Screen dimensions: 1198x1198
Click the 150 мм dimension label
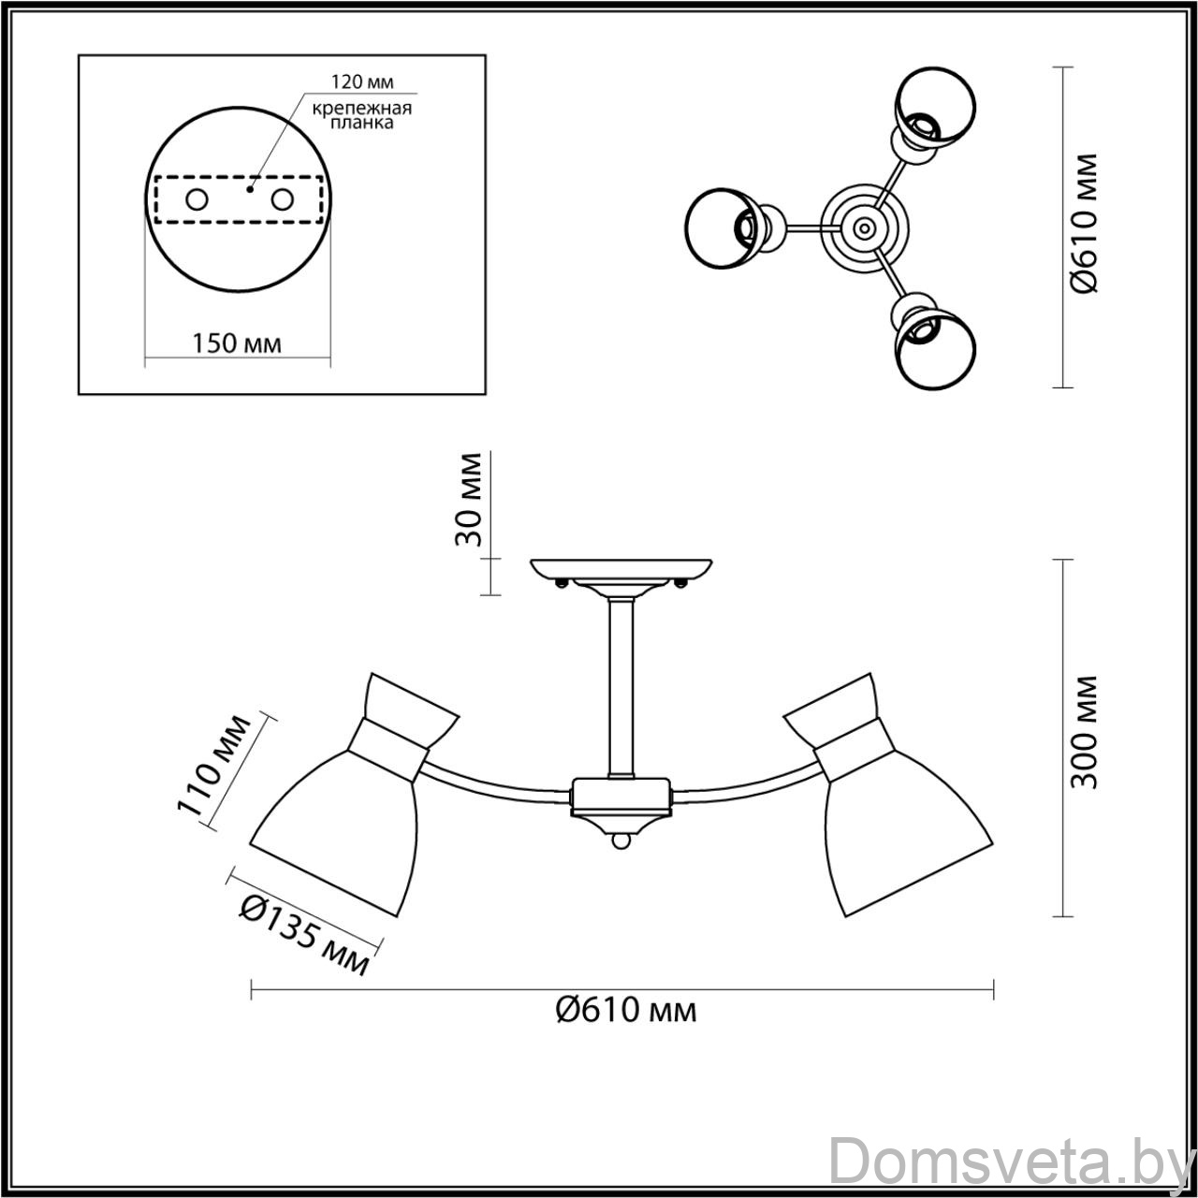click(237, 343)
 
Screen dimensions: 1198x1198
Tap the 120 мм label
click(362, 82)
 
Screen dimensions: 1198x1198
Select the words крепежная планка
click(362, 116)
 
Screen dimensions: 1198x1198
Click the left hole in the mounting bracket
click(197, 200)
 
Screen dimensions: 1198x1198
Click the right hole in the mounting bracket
click(283, 200)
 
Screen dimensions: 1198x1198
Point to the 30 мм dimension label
click(468, 500)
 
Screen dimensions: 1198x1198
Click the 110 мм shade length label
click(215, 766)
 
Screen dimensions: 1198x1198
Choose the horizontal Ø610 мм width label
click(625, 1010)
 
